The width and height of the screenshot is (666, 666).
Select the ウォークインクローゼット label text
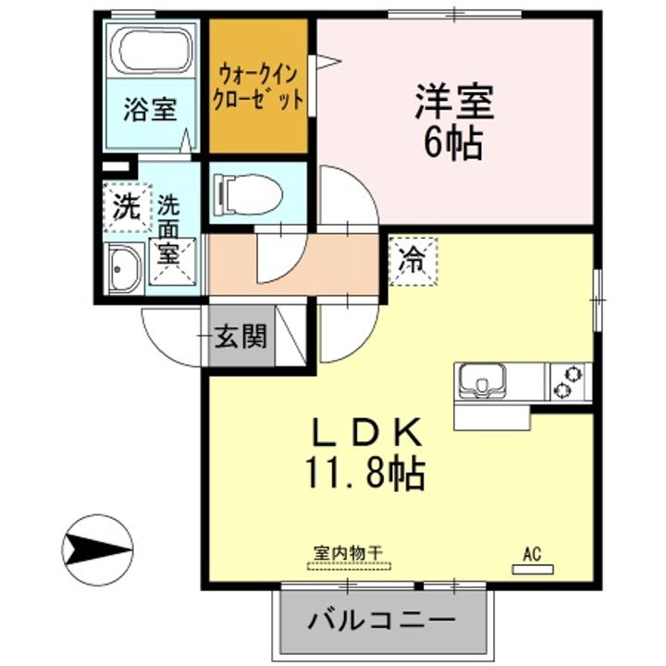coord(258,87)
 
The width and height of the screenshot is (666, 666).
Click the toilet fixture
coord(244,192)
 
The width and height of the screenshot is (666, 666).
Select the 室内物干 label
coord(349,552)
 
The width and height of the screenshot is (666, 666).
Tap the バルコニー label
coord(381,618)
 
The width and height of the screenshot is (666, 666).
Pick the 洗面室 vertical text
coord(168,228)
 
